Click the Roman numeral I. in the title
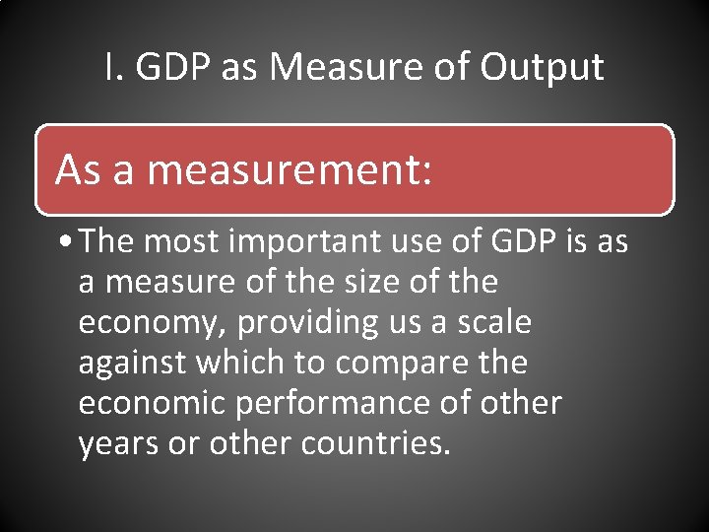coord(113,67)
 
